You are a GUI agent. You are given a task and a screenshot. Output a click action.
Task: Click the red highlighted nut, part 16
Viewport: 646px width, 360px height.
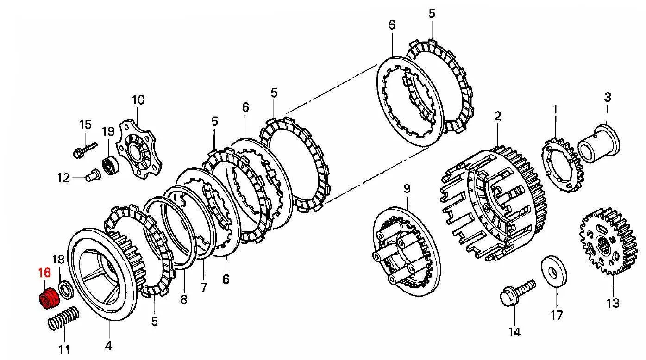point(49,298)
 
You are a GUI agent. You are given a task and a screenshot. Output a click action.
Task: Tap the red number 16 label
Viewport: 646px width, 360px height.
point(44,273)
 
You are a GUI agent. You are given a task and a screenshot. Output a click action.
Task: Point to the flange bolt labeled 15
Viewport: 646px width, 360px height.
point(85,150)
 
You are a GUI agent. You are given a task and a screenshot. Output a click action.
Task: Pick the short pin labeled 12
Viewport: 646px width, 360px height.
point(93,174)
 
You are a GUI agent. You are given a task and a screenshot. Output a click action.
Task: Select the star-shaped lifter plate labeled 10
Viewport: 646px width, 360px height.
point(139,149)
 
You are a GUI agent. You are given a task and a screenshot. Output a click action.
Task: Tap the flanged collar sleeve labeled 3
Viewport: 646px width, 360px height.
point(599,143)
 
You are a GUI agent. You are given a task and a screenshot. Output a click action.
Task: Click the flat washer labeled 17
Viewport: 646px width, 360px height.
point(554,271)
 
